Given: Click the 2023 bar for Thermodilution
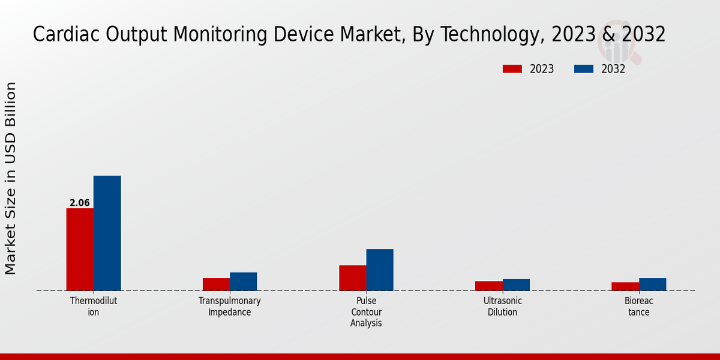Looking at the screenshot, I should [80, 250].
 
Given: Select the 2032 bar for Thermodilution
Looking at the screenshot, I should [107, 233].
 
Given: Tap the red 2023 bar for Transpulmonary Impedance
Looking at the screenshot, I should [216, 284].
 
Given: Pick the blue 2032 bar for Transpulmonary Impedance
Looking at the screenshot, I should [243, 281].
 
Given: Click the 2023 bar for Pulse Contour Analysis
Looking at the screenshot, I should [352, 278].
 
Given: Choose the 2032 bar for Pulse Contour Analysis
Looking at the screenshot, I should [380, 270].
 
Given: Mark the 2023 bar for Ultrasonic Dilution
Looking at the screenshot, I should [489, 286].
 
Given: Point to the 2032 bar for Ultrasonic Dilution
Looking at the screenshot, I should [516, 285].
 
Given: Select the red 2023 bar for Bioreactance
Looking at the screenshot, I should [625, 287].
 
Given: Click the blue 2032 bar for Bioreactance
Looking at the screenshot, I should [652, 284].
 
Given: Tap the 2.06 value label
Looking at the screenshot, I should [80, 203].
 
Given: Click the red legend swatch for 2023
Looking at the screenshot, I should [512, 69].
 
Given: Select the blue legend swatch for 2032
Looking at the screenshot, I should [583, 69].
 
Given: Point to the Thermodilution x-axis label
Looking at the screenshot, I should [94, 306].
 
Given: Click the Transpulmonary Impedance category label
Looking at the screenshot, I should [230, 306].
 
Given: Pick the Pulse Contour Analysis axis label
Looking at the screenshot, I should [366, 312].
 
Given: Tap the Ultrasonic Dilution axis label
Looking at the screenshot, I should [503, 306].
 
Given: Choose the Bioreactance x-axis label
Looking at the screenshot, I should [639, 306].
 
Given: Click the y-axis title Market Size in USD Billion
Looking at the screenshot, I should [11, 179].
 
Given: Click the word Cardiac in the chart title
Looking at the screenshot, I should [67, 35].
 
